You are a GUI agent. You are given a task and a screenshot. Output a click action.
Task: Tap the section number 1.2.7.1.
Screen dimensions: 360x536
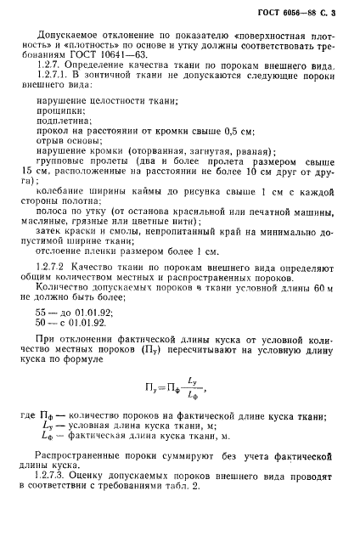(x=53, y=99)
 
